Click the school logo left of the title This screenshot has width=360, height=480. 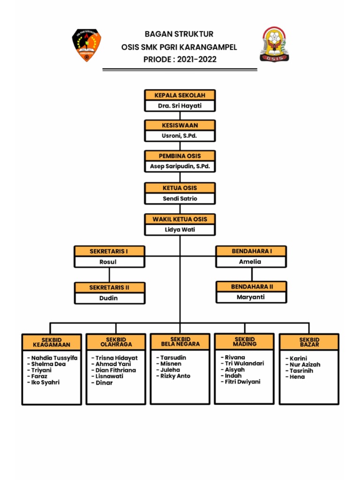[x=86, y=46]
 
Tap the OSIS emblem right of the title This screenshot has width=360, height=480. [x=274, y=45]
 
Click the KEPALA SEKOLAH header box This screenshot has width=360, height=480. [x=180, y=95]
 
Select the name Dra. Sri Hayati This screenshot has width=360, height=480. [x=180, y=106]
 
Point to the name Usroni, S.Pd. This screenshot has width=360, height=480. [x=180, y=136]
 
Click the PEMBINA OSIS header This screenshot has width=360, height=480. [x=180, y=156]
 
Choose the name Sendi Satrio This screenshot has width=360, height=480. [x=180, y=198]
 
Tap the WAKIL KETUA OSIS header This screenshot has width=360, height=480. [x=180, y=219]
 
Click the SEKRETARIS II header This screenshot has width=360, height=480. [x=109, y=287]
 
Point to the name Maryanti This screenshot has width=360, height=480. [x=251, y=297]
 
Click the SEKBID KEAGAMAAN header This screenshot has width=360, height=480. [x=52, y=342]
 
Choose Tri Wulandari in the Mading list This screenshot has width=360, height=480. [x=244, y=363]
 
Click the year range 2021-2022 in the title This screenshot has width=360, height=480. [x=197, y=60]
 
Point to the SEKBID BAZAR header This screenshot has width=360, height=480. [x=309, y=342]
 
